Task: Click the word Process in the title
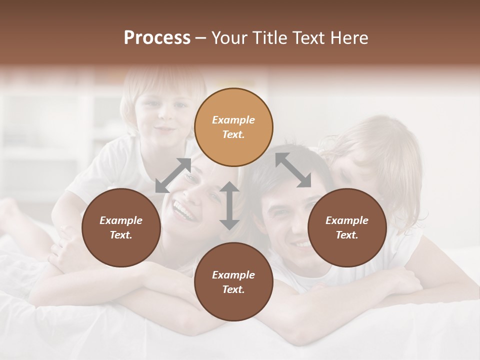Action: [x=157, y=38]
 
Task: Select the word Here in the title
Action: [x=348, y=38]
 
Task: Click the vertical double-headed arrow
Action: [x=229, y=205]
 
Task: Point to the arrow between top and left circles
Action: [x=173, y=175]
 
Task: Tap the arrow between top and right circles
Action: [x=293, y=170]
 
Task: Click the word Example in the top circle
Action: [x=233, y=120]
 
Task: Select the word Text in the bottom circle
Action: [x=233, y=289]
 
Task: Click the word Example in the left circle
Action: [x=121, y=220]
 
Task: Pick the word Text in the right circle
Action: [x=347, y=235]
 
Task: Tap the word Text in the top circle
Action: [x=233, y=134]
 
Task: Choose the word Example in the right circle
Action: [x=347, y=220]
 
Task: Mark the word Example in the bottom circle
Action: [x=233, y=275]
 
